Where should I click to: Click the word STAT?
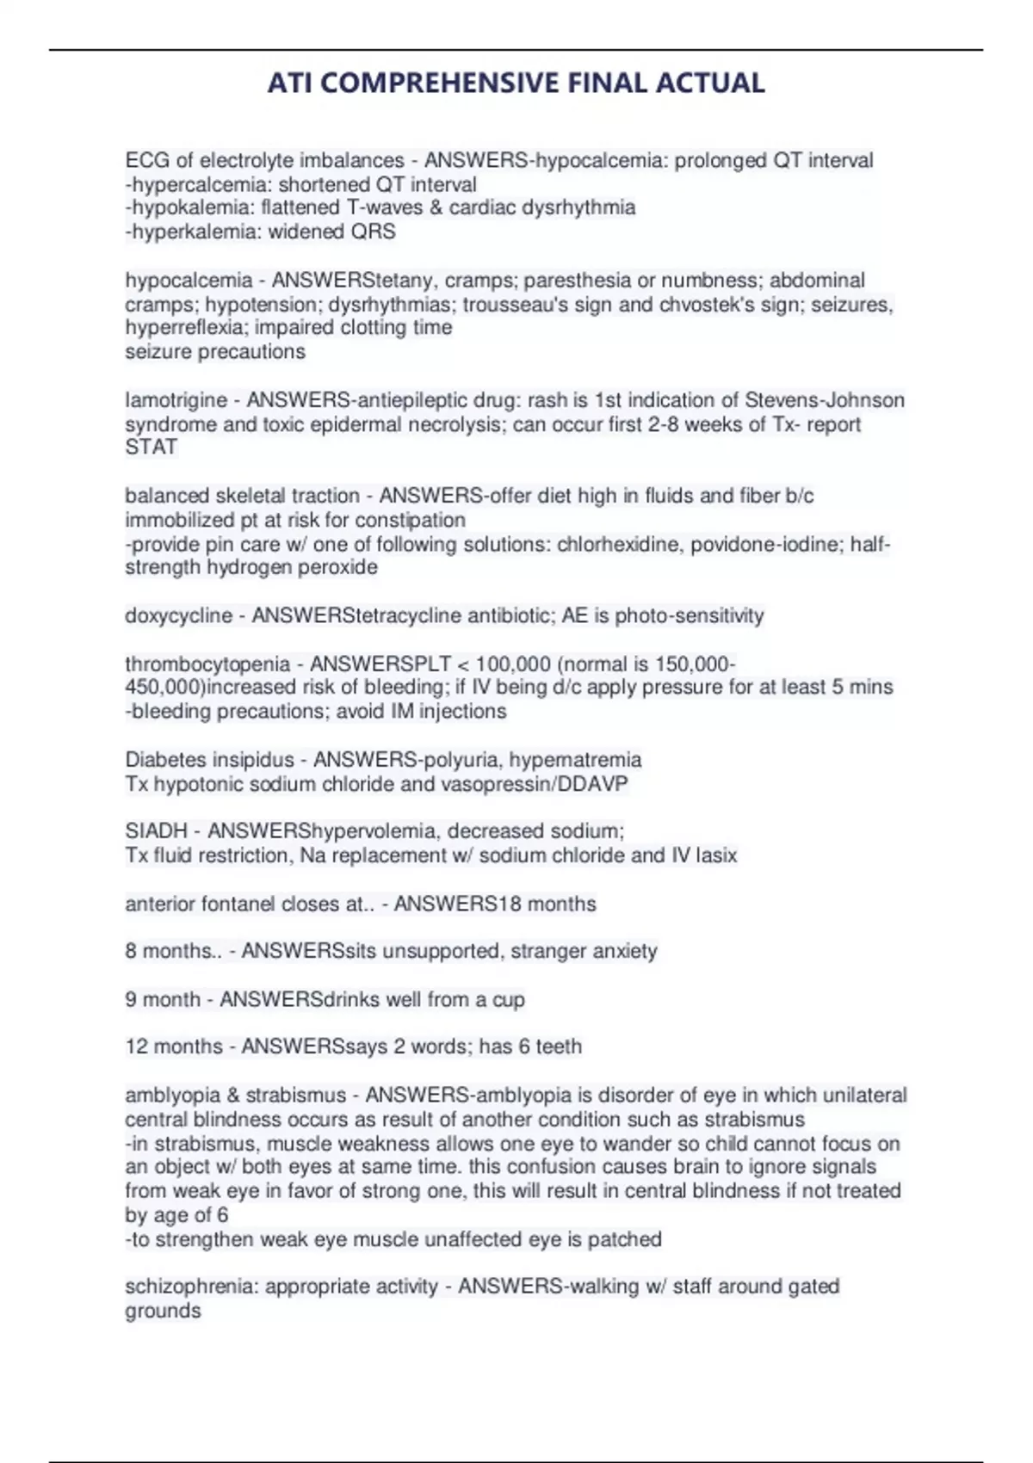[151, 448]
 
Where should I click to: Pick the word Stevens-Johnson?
[824, 400]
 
